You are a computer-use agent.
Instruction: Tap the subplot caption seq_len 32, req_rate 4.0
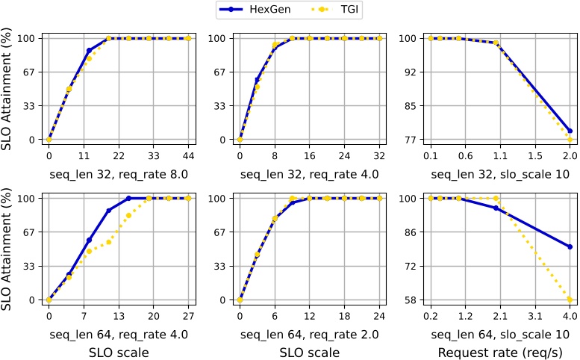tap(310, 174)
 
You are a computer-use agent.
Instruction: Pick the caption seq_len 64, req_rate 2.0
tap(310, 334)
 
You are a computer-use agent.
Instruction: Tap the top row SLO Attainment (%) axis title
tap(9, 89)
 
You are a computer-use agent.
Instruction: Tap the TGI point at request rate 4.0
tap(570, 300)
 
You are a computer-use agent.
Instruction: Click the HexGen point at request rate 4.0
tap(570, 246)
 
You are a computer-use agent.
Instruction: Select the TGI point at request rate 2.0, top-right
tap(570, 140)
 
